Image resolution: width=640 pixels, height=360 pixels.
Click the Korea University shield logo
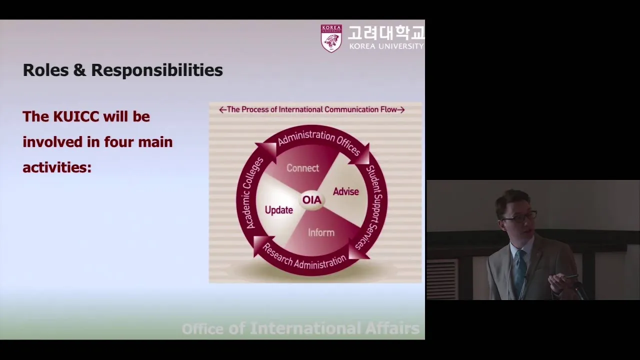click(x=331, y=38)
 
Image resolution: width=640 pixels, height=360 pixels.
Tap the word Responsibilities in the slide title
click(x=157, y=70)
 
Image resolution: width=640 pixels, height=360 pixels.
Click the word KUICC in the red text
click(x=76, y=116)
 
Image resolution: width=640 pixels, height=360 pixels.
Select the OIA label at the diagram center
click(x=311, y=199)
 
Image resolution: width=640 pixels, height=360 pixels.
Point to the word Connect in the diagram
click(x=302, y=168)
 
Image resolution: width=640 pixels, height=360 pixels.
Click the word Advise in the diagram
click(x=345, y=191)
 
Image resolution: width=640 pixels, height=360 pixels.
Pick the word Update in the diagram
click(x=279, y=210)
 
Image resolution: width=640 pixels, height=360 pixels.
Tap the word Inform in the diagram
click(x=321, y=232)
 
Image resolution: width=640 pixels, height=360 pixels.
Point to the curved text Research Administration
click(x=304, y=258)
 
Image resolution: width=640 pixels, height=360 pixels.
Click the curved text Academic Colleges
click(x=251, y=193)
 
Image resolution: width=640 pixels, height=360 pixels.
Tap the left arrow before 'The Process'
click(x=222, y=109)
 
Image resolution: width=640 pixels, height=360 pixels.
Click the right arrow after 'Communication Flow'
click(x=401, y=109)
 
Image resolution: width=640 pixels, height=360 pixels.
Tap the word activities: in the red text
click(x=57, y=167)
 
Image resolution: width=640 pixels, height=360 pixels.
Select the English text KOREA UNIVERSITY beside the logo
click(x=386, y=46)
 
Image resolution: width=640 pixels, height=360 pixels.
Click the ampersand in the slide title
click(x=79, y=70)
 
